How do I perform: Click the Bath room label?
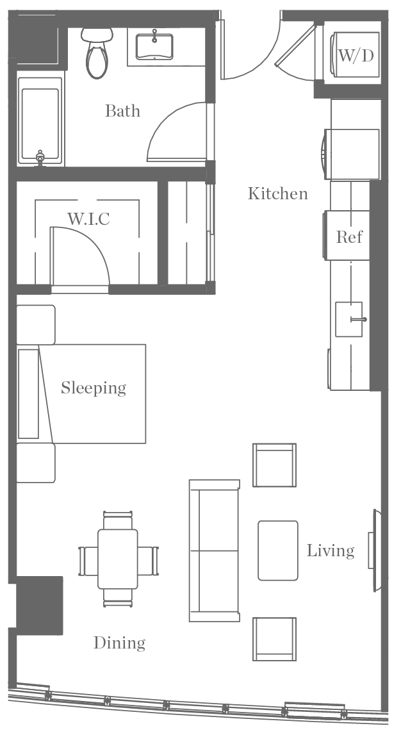pos(122,111)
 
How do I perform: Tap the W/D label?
pos(356,56)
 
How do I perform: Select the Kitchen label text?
pos(277,193)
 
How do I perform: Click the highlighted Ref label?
pos(349,236)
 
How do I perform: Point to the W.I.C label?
pos(88,219)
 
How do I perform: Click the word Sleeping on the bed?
pos(94,388)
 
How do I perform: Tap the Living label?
pos(330,550)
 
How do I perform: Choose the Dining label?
pos(119,643)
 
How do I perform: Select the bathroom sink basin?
pos(154,46)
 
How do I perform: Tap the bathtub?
pos(40,122)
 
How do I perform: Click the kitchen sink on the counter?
pos(349,319)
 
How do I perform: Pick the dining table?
pos(118,559)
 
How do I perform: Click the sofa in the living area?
pos(214,550)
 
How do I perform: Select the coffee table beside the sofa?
pos(278,550)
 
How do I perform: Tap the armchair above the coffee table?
pos(274,465)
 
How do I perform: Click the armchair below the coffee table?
pos(274,639)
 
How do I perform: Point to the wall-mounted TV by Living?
pos(372,550)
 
